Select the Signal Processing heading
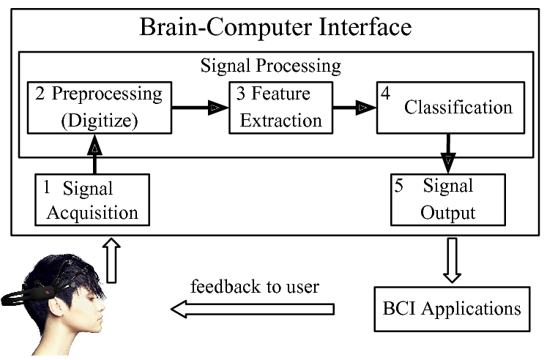(x=270, y=66)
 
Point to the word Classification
(x=458, y=107)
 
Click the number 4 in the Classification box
(x=383, y=93)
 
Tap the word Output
(x=448, y=213)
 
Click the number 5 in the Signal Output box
(x=399, y=186)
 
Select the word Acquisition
(x=90, y=213)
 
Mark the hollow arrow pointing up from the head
(x=111, y=260)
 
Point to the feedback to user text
(x=254, y=286)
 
